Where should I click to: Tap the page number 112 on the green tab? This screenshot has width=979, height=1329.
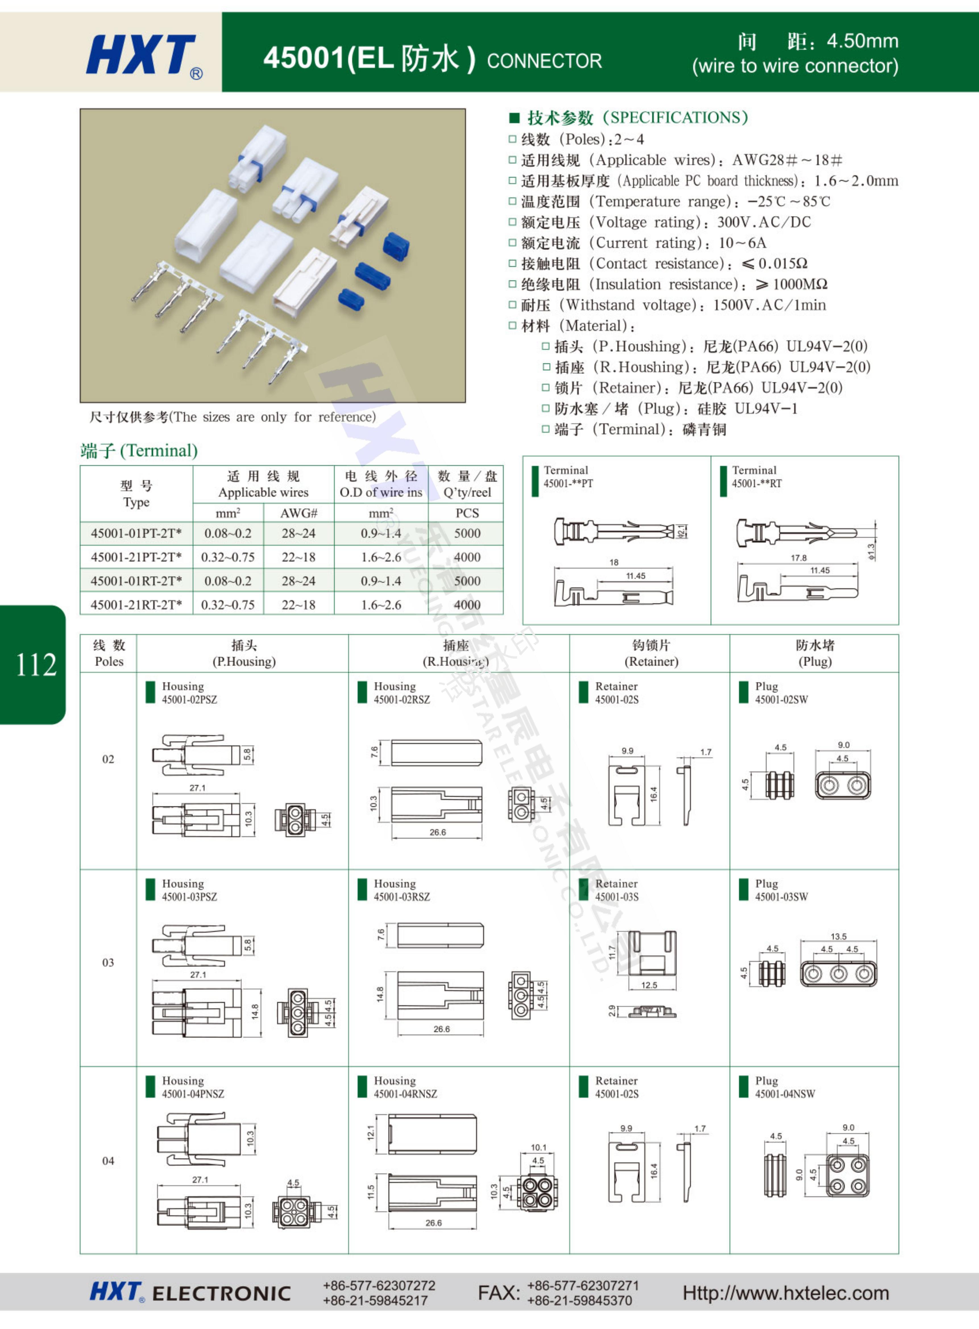pyautogui.click(x=36, y=664)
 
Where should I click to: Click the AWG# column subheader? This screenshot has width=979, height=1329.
pyautogui.click(x=299, y=513)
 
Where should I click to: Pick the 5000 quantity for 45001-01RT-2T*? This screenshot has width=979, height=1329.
pyautogui.click(x=467, y=581)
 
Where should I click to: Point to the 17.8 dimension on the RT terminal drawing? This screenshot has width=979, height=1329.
pyautogui.click(x=798, y=557)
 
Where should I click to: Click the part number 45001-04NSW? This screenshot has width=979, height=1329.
pyautogui.click(x=785, y=1094)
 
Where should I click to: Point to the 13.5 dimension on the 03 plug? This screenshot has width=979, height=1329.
pyautogui.click(x=838, y=936)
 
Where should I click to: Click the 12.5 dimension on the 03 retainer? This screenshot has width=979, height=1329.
pyautogui.click(x=649, y=985)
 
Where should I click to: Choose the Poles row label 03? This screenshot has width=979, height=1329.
pyautogui.click(x=108, y=962)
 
